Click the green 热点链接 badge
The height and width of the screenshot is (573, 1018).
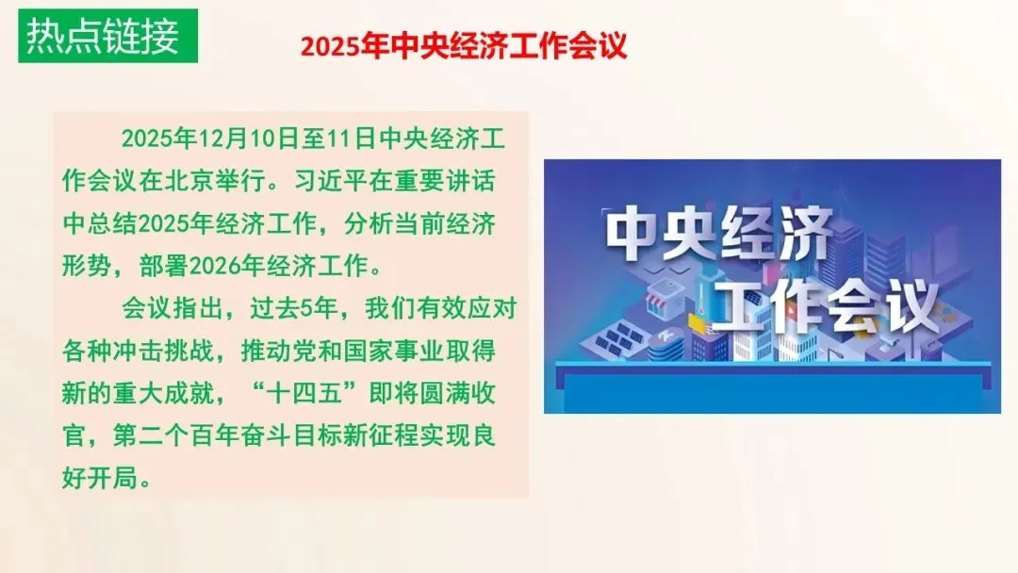[103, 36]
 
